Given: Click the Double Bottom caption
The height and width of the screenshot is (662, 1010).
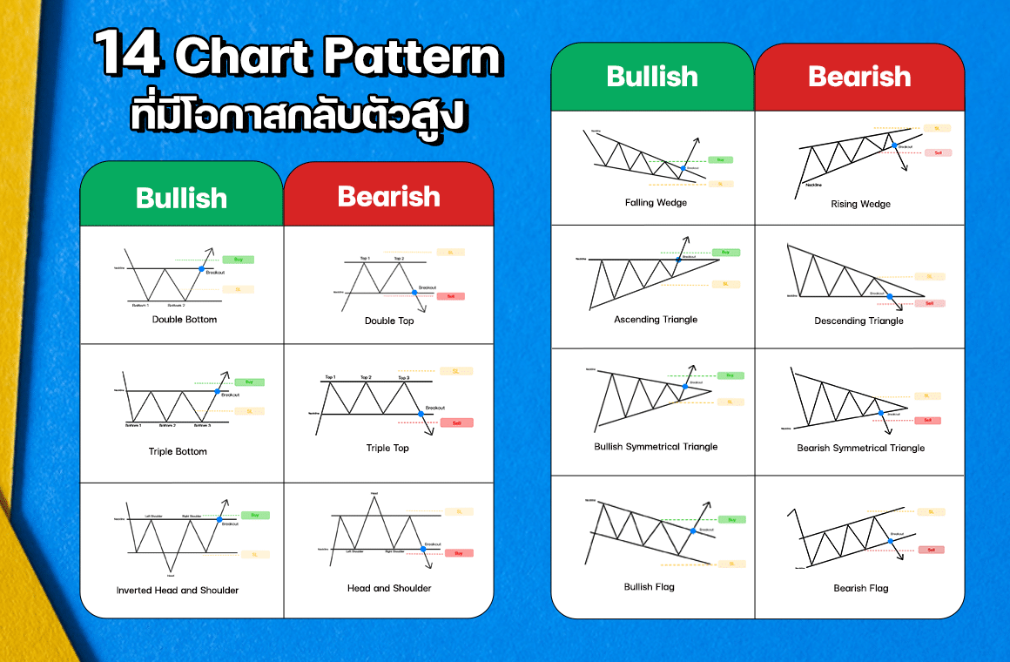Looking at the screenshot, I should click(185, 320).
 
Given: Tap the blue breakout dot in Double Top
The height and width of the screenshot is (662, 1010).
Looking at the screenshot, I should click(414, 293).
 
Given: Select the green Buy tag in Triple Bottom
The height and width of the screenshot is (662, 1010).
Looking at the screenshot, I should click(248, 382).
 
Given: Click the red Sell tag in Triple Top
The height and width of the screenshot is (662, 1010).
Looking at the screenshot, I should click(456, 422).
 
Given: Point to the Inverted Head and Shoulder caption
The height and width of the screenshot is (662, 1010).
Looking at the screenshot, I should click(178, 590).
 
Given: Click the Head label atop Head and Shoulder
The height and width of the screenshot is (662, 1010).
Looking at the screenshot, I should click(374, 494).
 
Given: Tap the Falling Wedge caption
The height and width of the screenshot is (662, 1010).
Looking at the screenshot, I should click(656, 203).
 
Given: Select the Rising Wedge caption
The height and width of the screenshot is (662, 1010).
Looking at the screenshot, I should click(860, 205).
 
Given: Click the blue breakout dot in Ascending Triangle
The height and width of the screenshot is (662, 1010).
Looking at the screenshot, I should click(677, 259).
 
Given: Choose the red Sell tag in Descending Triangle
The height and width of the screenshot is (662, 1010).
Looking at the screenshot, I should click(929, 303).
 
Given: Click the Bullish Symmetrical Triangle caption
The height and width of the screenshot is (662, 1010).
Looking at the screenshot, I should click(656, 447).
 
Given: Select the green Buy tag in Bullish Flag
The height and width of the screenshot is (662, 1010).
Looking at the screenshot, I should click(731, 519).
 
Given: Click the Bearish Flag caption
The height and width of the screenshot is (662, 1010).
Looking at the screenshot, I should click(860, 588).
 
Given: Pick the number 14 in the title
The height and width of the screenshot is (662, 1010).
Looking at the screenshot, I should click(129, 56).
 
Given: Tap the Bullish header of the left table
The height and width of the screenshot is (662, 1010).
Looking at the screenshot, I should click(181, 198).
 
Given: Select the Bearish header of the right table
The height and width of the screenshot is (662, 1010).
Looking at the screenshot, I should click(858, 77).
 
